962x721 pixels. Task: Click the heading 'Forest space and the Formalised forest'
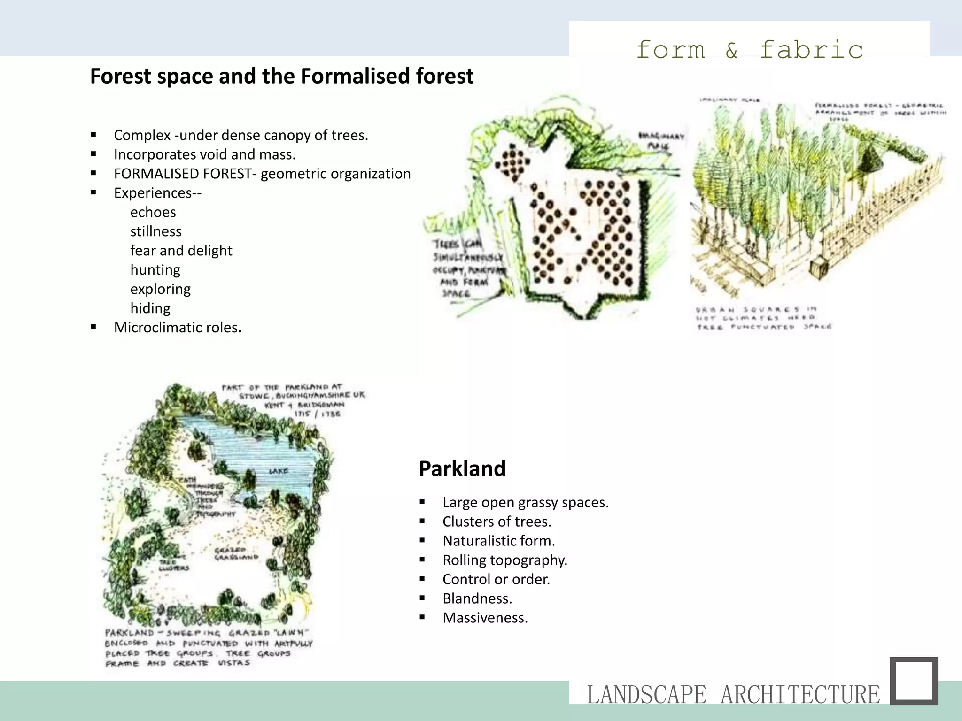pos(282,76)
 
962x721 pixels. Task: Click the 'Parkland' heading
pos(462,468)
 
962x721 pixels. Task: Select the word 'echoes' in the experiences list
pos(153,212)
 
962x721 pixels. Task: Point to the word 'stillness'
pos(156,231)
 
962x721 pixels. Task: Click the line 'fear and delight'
pos(181,251)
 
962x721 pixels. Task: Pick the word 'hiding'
pos(150,308)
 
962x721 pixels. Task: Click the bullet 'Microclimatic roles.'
pos(178,328)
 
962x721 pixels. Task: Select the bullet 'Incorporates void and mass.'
pos(205,154)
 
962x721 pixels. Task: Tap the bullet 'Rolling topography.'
pos(505,560)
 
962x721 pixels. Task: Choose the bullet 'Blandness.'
pos(477,598)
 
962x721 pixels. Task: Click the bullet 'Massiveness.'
pos(485,618)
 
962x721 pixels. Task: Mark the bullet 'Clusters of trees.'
pos(497,522)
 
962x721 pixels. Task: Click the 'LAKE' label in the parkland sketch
pos(279,471)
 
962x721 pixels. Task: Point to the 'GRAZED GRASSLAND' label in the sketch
pos(236,553)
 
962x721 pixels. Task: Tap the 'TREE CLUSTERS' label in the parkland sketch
pos(173,565)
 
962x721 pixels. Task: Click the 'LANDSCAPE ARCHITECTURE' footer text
pos(733,695)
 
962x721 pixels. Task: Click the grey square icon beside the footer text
pos(914,681)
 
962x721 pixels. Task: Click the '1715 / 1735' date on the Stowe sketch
pos(317,414)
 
